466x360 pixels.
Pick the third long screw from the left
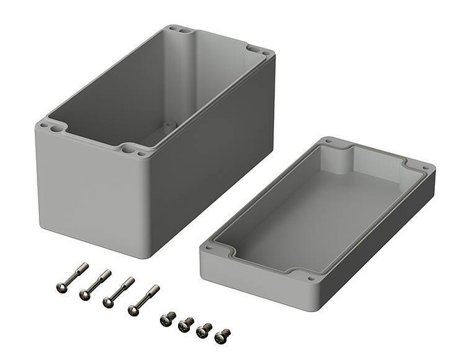[118, 291]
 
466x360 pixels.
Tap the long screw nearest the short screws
[143, 299]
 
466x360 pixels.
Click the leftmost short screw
[168, 318]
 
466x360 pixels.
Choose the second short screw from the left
[186, 324]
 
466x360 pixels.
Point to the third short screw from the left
[204, 329]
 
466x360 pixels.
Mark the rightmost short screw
[223, 335]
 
